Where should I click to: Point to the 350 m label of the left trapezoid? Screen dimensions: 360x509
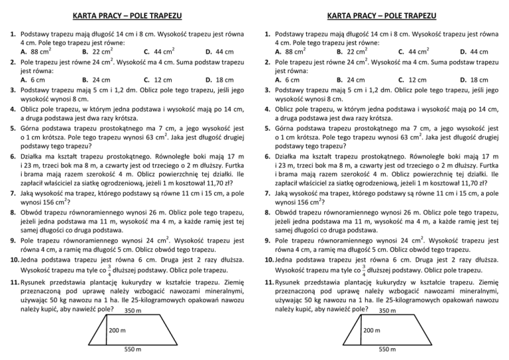(x=133, y=294)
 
